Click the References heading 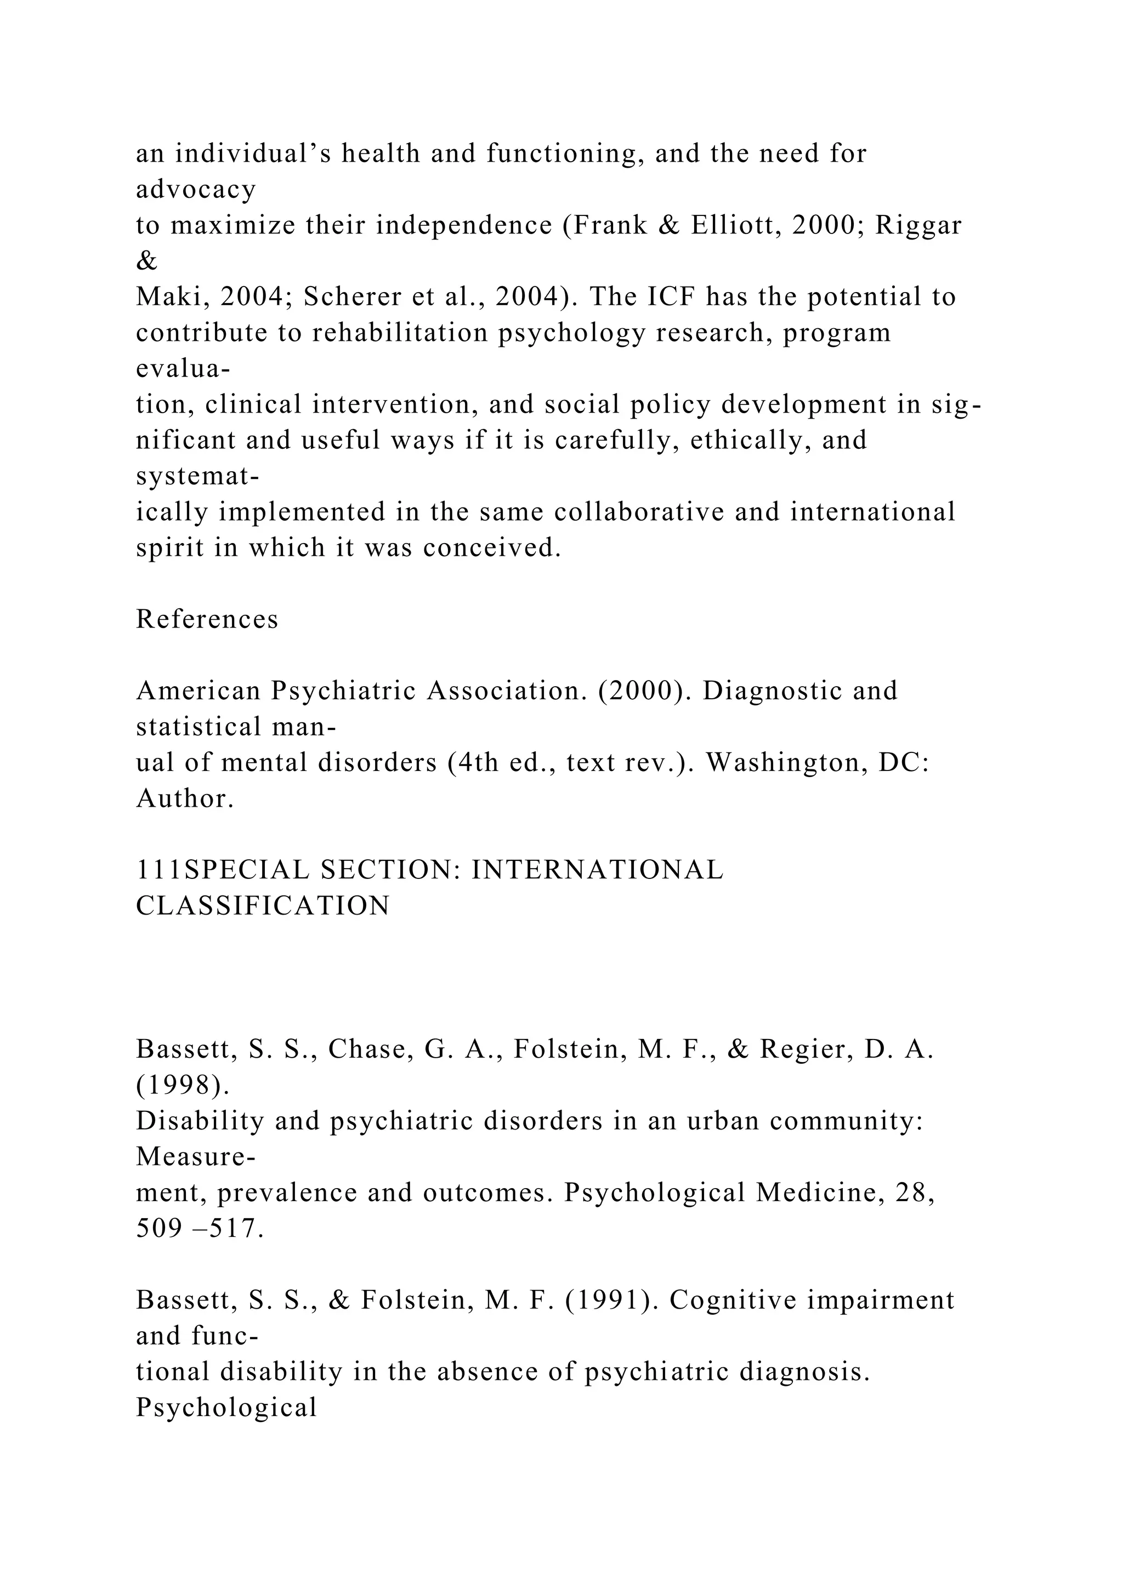coord(207,619)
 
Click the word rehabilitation coord(401,333)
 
